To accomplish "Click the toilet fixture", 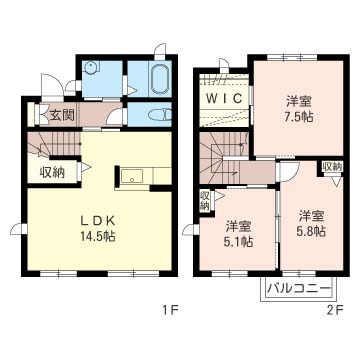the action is click(160, 115).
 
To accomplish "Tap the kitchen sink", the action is click(132, 176).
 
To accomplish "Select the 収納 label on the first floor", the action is click(52, 172).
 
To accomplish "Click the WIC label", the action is click(224, 98).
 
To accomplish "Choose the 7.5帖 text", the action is click(299, 116).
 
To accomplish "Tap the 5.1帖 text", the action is click(238, 241).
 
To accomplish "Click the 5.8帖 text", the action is click(311, 231).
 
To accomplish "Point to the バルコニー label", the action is click(299, 288).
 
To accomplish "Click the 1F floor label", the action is click(171, 311).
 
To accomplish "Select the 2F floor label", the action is click(335, 311).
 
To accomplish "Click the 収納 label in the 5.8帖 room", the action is click(332, 167).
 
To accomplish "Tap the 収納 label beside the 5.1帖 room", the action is click(204, 200).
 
